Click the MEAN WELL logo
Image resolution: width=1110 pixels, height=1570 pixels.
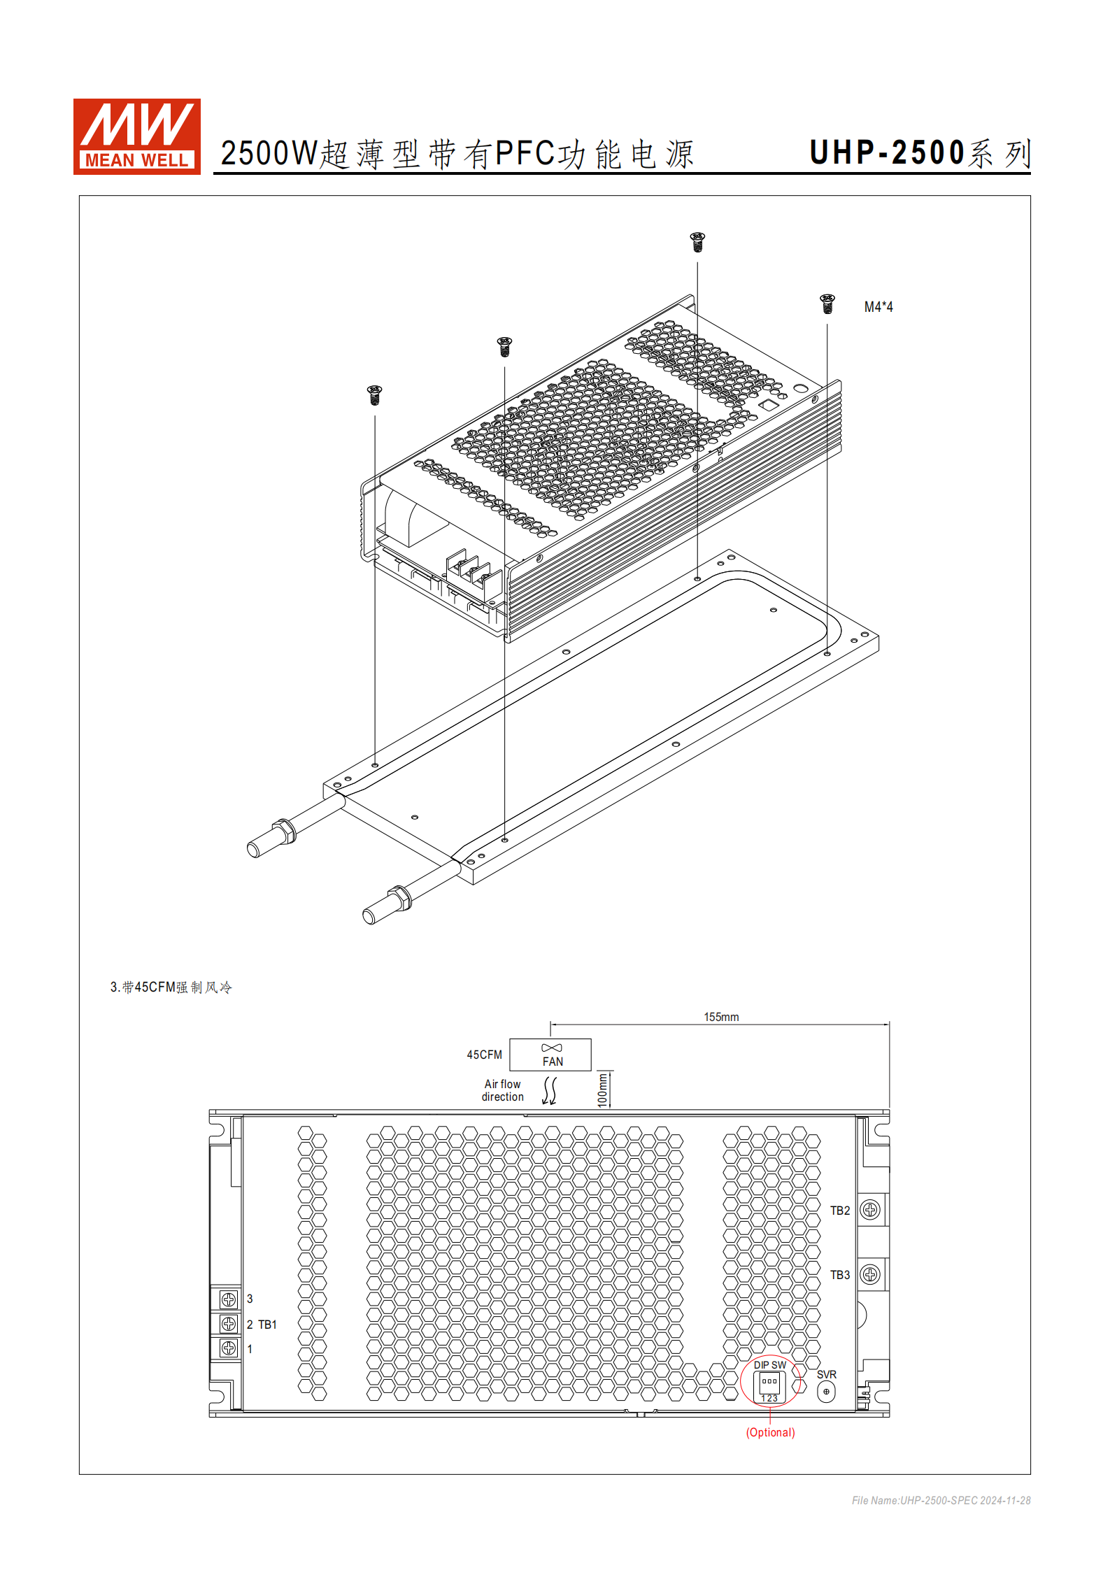coord(137,136)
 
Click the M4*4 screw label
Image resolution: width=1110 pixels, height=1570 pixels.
coord(878,307)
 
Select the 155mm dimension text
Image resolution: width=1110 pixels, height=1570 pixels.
coord(721,1017)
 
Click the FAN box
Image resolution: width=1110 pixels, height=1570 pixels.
coord(550,1055)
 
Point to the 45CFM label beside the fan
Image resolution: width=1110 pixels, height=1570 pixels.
coord(484,1055)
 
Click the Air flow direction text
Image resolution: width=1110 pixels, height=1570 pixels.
coord(502,1090)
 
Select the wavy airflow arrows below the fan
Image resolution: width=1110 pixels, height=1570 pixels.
coord(550,1090)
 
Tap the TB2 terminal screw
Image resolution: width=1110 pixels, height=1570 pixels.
coord(870,1210)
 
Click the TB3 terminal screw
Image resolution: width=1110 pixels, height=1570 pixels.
coord(870,1274)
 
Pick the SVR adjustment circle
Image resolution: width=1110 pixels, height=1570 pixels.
coord(826,1392)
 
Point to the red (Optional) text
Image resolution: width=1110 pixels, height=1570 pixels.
coord(770,1432)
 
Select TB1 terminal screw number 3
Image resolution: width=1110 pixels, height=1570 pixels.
coord(229,1299)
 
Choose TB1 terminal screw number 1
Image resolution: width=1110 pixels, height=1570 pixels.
coord(229,1348)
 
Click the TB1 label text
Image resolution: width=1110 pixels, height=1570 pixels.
coord(268,1325)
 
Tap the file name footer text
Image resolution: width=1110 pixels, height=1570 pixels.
coord(941,1500)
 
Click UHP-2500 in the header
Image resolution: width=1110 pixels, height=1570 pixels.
coord(887,153)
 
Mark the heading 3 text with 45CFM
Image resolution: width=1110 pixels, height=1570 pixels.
coord(171,987)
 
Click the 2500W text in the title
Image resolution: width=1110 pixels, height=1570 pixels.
coord(269,154)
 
